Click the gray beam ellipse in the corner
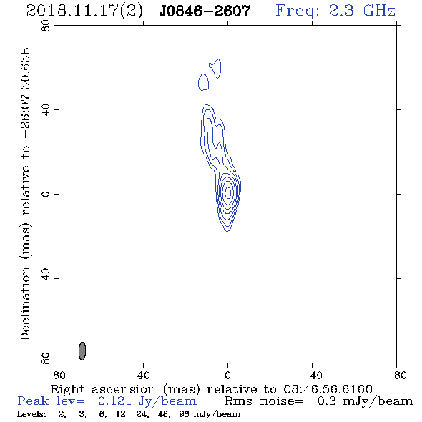82,351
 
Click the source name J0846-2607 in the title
205,11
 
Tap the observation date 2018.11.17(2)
84,11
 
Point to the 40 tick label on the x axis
143,375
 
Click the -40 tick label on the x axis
312,375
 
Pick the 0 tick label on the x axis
227,375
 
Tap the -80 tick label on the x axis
396,375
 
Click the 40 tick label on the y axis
46,110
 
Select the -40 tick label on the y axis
46,278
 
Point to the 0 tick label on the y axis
46,194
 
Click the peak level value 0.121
114,401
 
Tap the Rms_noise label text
264,401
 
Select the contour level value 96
184,414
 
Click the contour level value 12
121,414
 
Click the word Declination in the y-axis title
25,303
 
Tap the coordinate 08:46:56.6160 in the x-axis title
328,389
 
